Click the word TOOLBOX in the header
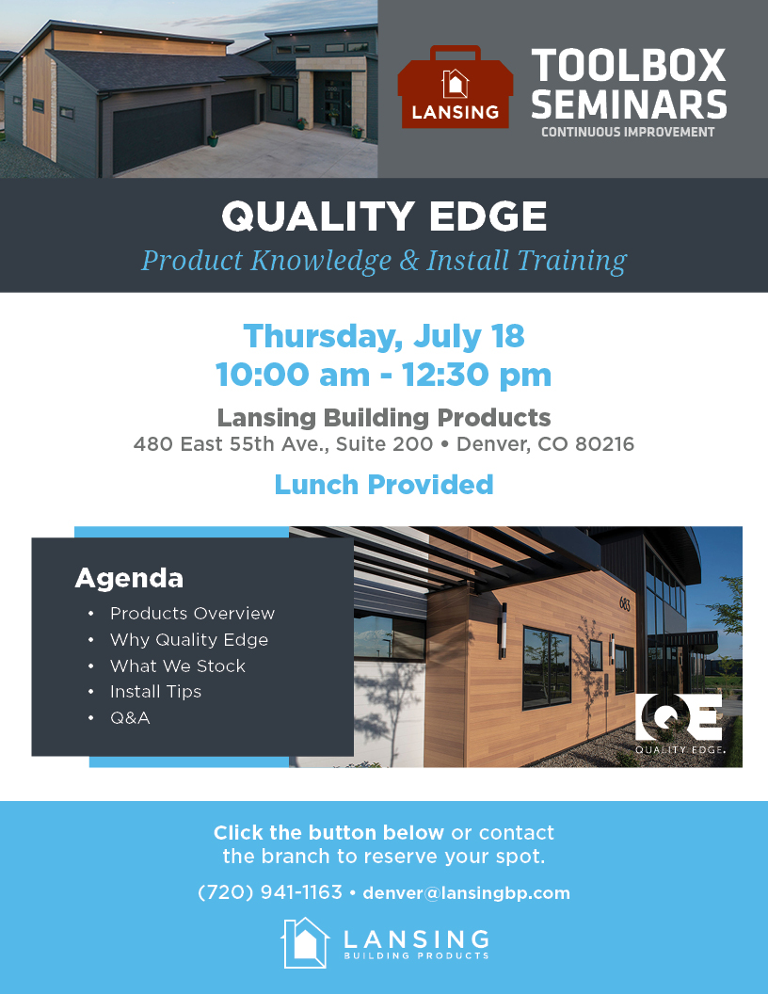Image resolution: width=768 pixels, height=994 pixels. click(x=629, y=66)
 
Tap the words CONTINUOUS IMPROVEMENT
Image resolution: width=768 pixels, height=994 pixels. click(x=628, y=133)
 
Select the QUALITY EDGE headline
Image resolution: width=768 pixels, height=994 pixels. click(x=384, y=217)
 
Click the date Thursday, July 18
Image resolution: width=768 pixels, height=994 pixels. click(x=384, y=335)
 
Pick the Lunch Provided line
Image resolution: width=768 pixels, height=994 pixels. click(x=384, y=485)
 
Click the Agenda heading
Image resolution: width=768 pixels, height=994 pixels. click(x=129, y=577)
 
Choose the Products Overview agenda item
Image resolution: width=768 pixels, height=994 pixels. click(x=192, y=614)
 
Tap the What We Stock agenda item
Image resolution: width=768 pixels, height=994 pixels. click(x=177, y=665)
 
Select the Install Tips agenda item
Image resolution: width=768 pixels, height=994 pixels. click(x=155, y=692)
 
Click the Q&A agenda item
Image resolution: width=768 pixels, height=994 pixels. click(x=130, y=718)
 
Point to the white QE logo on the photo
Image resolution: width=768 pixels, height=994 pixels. click(x=679, y=717)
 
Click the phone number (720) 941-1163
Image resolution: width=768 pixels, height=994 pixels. click(x=269, y=892)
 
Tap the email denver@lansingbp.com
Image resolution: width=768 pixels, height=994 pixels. click(x=466, y=893)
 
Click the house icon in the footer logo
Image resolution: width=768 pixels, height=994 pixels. click(x=306, y=942)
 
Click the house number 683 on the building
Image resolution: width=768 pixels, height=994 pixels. click(x=624, y=603)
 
